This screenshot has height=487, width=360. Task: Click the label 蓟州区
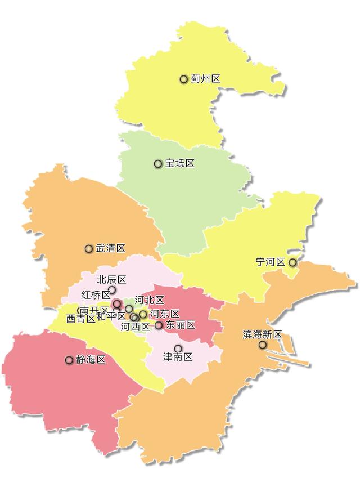tap(205, 79)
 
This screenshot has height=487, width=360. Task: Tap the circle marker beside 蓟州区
tap(184, 79)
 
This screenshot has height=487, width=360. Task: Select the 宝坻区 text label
tap(180, 164)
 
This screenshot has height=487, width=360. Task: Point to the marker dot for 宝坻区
tap(158, 164)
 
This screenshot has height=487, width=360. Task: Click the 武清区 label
tap(110, 248)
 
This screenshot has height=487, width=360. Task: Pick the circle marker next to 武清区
tap(89, 249)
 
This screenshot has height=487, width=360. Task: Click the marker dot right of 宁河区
tap(292, 262)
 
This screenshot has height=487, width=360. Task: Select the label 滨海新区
tap(262, 334)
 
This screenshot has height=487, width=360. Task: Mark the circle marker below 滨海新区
tap(263, 345)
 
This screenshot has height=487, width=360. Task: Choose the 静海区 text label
tap(91, 360)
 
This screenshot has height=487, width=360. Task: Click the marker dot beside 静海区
tap(69, 360)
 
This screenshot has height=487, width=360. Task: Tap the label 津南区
tap(178, 357)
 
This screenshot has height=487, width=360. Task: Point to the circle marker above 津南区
tap(178, 349)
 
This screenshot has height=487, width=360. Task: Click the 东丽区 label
tap(181, 325)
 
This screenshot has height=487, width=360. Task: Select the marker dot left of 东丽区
tap(159, 325)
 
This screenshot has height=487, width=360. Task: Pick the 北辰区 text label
tap(111, 279)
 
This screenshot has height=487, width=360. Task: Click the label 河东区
tap(165, 314)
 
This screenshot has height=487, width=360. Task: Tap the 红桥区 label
tap(96, 294)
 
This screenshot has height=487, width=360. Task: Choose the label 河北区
tap(150, 300)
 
